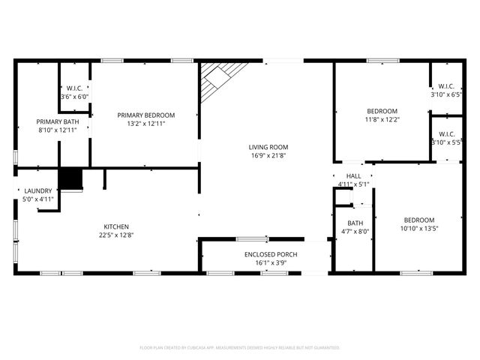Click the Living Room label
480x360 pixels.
(268, 147)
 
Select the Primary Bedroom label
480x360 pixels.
(145, 115)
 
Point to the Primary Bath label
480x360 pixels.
(58, 121)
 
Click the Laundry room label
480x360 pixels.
(37, 191)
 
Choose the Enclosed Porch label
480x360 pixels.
(271, 255)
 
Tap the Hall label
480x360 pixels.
(353, 175)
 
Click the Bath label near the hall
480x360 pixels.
(355, 223)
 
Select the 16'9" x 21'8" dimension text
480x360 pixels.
(268, 156)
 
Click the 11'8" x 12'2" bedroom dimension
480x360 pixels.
(382, 119)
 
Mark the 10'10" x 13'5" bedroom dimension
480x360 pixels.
(418, 229)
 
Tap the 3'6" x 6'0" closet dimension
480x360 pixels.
(74, 96)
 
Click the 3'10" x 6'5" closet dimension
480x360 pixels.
(445, 94)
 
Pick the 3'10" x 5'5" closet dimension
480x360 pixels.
(445, 142)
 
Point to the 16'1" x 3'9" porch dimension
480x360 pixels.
(271, 263)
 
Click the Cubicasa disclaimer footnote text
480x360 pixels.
(240, 348)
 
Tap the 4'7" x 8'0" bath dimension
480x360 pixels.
(355, 232)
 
